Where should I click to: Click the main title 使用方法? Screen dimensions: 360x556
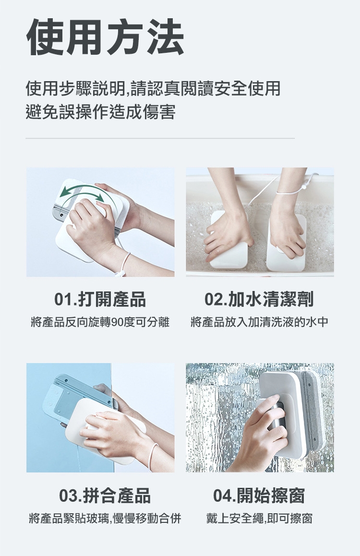pyautogui.click(x=105, y=37)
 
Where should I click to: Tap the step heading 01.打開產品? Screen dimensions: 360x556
pyautogui.click(x=100, y=300)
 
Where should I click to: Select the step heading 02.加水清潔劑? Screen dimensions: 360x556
pyautogui.click(x=259, y=300)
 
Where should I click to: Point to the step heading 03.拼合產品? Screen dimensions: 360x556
pyautogui.click(x=105, y=496)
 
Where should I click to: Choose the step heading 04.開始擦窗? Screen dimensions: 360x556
pyautogui.click(x=259, y=496)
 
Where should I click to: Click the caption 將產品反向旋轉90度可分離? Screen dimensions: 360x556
pyautogui.click(x=100, y=322)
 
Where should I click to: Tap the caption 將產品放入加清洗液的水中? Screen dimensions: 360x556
pyautogui.click(x=259, y=322)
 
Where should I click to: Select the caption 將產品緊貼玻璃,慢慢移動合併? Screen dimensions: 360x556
pyautogui.click(x=105, y=519)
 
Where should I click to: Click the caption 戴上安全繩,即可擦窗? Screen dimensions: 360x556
pyautogui.click(x=259, y=519)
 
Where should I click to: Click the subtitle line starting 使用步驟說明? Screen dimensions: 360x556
pyautogui.click(x=153, y=89)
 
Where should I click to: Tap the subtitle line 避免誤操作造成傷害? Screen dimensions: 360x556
pyautogui.click(x=101, y=112)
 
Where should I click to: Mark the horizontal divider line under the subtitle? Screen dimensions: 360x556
pyautogui.click(x=160, y=138)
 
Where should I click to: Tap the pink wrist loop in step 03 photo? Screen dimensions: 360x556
pyautogui.click(x=154, y=450)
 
